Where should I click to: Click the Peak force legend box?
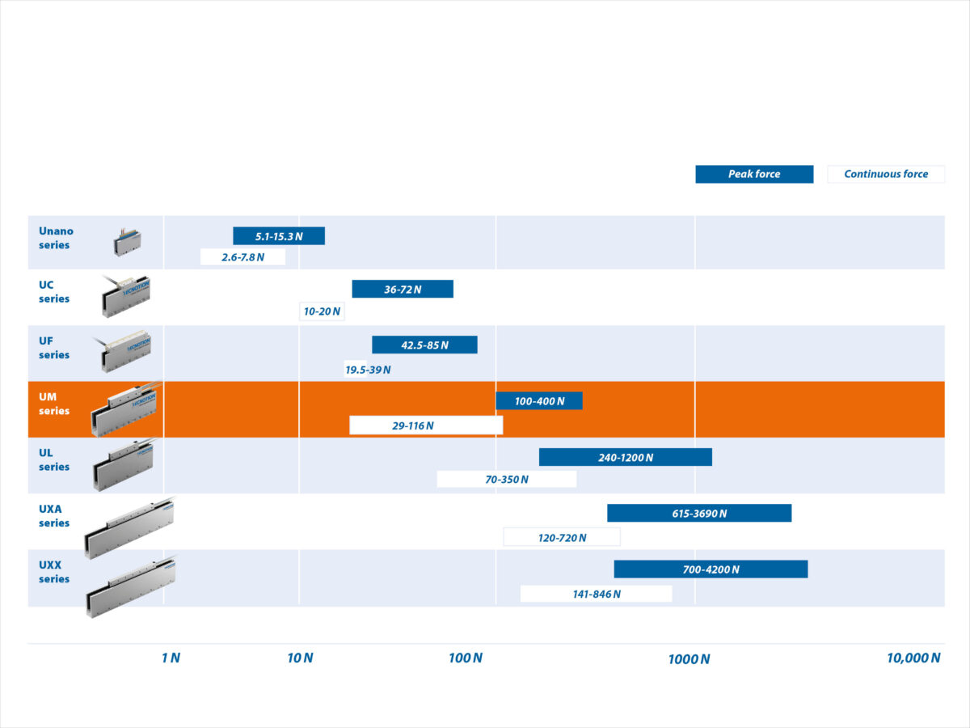tap(754, 174)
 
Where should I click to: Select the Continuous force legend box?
tap(886, 174)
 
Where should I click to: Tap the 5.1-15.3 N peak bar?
tap(279, 236)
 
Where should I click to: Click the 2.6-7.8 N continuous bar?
tap(242, 257)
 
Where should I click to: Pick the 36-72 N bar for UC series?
tap(403, 289)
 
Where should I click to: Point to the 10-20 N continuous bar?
tap(322, 311)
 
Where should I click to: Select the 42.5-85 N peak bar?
tap(424, 345)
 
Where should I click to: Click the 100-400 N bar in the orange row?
tap(539, 400)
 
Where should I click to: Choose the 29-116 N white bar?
tap(426, 425)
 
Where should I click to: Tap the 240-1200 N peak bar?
tap(626, 457)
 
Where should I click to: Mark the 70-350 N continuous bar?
tap(507, 479)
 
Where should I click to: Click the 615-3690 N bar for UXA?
tap(699, 513)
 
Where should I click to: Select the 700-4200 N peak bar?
tap(711, 569)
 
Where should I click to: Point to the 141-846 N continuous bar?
tap(596, 594)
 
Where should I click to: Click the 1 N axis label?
tap(171, 658)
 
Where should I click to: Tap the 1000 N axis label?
tap(689, 658)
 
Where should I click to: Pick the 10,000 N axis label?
tap(913, 658)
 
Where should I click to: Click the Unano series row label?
tap(55, 238)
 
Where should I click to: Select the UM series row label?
tap(54, 404)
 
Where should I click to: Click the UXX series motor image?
tap(130, 586)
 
